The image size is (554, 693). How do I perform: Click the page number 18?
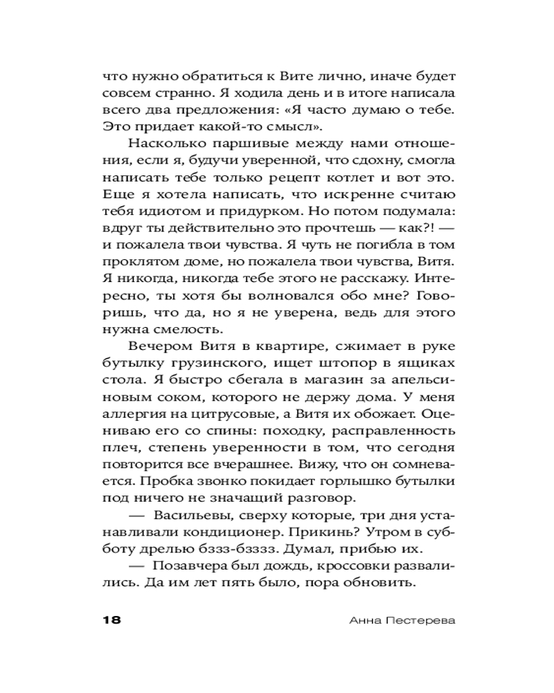(111, 619)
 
